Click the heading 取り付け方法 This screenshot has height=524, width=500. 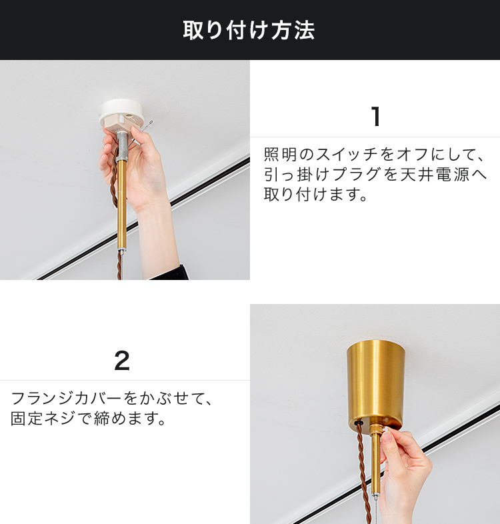249,30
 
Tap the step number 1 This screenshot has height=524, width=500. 376,116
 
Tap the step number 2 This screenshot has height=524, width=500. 121,361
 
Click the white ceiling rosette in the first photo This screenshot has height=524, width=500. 122,113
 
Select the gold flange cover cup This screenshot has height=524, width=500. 375,387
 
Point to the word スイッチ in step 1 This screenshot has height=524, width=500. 347,155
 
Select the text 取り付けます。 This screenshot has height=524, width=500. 315,194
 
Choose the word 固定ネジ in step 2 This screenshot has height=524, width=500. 43,418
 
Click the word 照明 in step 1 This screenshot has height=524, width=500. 280,155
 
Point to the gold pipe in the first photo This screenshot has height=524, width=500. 121,205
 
